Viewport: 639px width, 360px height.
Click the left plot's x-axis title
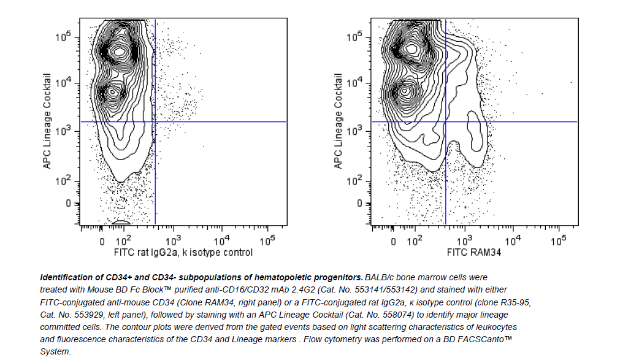pyautogui.click(x=183, y=252)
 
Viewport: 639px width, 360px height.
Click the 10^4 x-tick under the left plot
pyautogui.click(x=221, y=240)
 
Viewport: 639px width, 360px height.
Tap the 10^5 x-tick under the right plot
pyautogui.click(x=558, y=240)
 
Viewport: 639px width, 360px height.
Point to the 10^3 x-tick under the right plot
pyautogui.click(x=466, y=240)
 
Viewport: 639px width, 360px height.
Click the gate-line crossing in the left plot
pyautogui.click(x=155, y=122)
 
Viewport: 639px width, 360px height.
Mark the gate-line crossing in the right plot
pyautogui.click(x=445, y=122)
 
